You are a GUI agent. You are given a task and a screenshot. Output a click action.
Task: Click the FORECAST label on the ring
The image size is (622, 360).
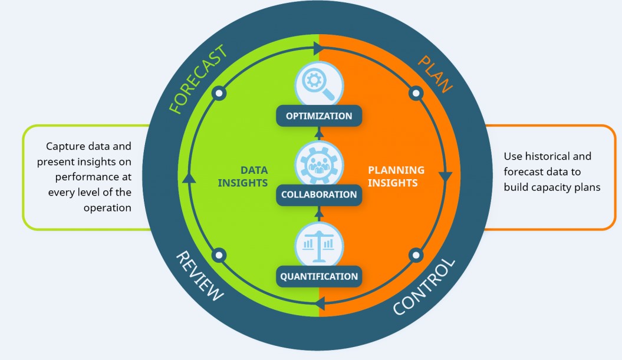pos(197,80)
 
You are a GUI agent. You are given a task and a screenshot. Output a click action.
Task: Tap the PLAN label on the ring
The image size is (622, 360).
pos(435,74)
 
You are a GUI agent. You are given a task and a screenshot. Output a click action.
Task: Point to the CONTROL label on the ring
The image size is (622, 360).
pos(424,287)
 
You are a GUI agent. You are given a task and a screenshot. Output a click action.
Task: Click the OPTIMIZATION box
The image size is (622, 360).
pos(319,115)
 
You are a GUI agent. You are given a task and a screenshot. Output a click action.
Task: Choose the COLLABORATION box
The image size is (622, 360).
pos(319,194)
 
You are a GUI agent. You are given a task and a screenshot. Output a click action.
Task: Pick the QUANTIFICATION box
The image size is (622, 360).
pos(319,276)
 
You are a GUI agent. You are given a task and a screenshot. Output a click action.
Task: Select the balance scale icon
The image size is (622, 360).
pos(318,243)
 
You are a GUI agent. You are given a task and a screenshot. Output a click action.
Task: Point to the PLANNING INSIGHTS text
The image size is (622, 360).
pos(396,176)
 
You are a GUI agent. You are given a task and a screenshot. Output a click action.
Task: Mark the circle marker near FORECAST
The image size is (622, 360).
pos(219,93)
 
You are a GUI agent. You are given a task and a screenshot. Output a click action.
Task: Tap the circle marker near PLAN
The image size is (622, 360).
pos(416,93)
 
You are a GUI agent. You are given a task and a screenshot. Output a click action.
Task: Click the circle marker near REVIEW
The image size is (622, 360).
pos(219,255)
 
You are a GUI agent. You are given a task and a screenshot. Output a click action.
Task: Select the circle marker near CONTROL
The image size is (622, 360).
pos(416,255)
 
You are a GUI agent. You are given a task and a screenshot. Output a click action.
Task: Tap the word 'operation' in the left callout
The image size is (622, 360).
pos(107,207)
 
